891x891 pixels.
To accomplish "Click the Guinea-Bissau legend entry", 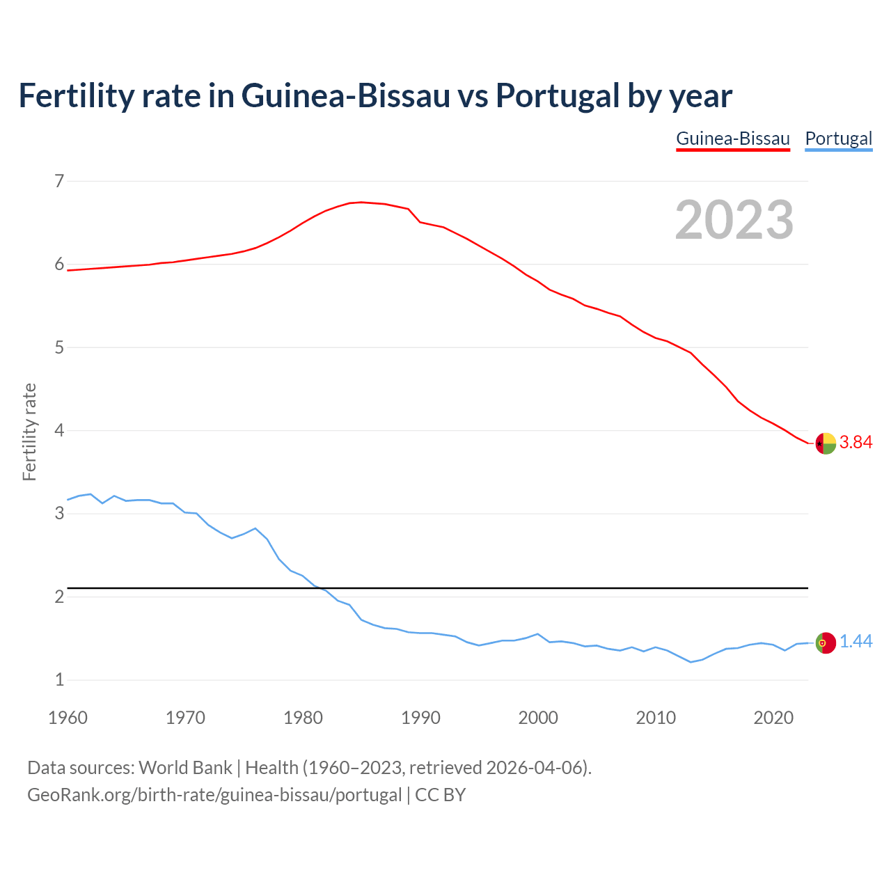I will coord(733,139).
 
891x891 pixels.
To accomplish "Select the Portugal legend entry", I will coord(838,139).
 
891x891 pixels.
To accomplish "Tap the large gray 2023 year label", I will coord(734,220).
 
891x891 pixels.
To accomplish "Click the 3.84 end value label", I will coord(855,443).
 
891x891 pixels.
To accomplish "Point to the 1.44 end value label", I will coord(855,642).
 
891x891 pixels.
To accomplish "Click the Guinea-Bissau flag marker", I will coord(826,443).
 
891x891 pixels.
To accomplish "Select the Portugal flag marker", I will coord(826,642).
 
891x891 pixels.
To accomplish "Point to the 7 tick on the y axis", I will coord(59,182).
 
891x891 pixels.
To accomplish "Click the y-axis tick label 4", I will coord(59,431).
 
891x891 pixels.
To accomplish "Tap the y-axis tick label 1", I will coord(59,680).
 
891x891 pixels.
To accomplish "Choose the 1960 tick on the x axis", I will coord(68,718).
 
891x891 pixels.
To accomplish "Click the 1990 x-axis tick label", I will coord(420,718).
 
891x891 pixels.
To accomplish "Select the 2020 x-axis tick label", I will coord(773,718).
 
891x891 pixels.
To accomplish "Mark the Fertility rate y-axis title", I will coord(29,432).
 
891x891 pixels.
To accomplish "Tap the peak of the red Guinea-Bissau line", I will coord(361,202).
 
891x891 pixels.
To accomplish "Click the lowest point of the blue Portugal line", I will coord(691,662).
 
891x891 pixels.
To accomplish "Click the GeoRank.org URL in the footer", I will coord(214,795).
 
